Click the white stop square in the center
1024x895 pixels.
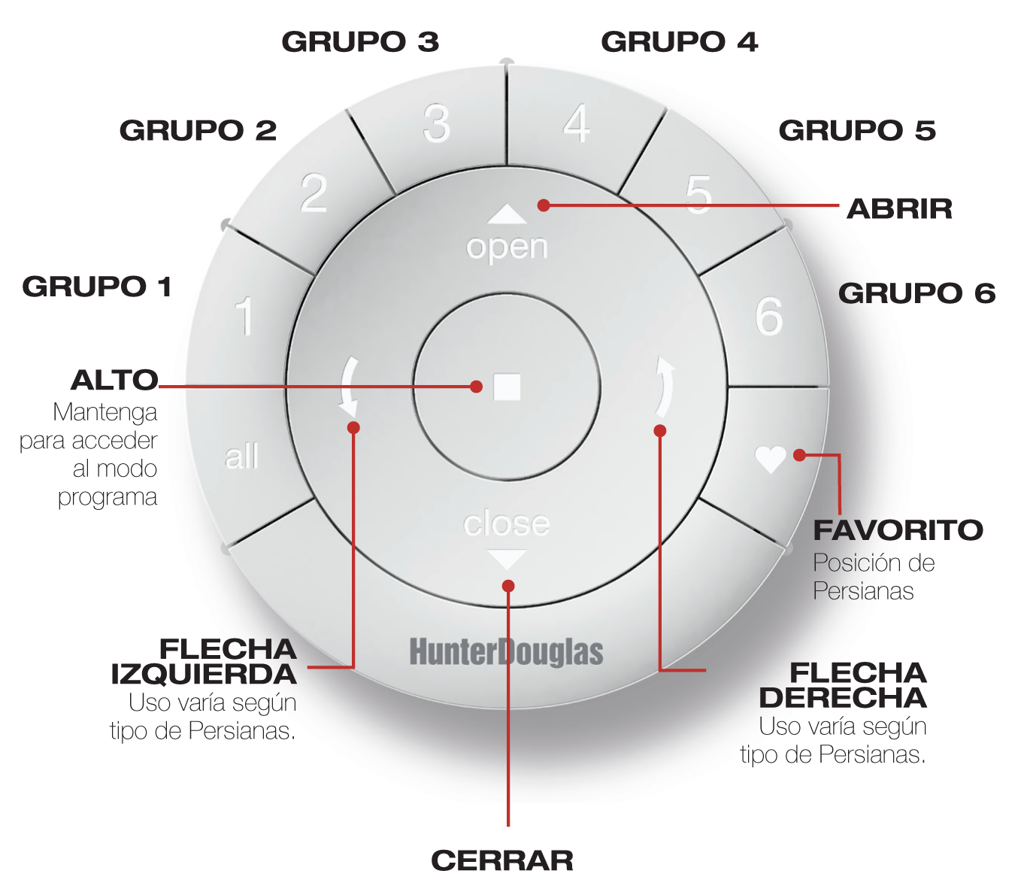point(507,387)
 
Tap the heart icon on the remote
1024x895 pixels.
point(771,458)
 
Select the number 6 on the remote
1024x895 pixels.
point(769,316)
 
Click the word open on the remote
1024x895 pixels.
point(507,247)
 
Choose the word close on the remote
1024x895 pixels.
point(506,523)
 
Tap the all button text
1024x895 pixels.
point(241,457)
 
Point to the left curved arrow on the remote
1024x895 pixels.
point(349,387)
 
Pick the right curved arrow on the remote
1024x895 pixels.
point(665,387)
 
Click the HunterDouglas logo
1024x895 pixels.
point(506,652)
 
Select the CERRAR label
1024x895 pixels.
point(502,860)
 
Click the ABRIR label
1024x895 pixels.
point(899,209)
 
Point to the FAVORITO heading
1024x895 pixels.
point(898,530)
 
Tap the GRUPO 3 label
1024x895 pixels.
point(360,42)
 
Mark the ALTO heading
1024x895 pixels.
point(114,381)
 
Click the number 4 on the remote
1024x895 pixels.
point(577,124)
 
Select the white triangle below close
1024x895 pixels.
point(507,560)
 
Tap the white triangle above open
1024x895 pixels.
point(507,215)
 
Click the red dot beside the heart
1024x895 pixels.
point(799,455)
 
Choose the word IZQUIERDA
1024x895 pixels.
point(204,675)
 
